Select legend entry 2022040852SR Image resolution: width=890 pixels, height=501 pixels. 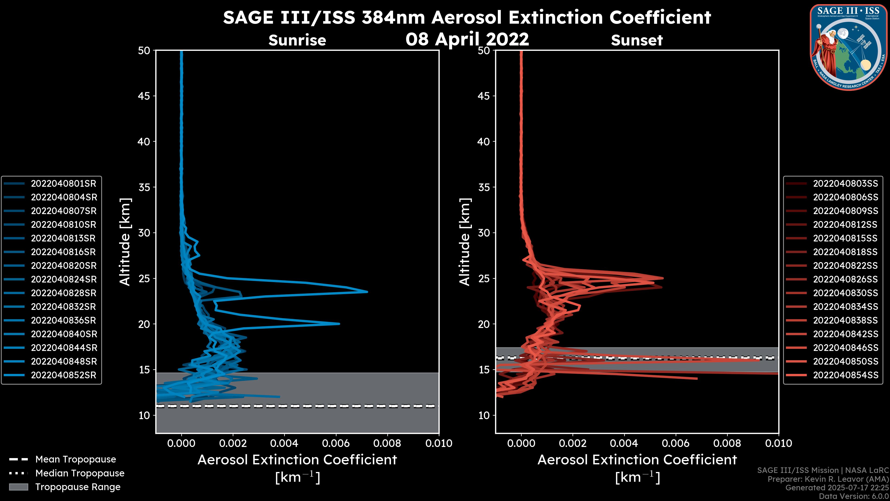(x=63, y=375)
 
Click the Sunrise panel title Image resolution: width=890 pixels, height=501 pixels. (x=297, y=40)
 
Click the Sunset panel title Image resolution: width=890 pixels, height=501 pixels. (x=637, y=40)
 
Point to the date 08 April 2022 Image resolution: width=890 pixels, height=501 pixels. (x=467, y=39)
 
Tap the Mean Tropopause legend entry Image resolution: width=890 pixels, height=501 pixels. (x=75, y=459)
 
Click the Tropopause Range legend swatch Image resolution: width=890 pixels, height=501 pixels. (x=19, y=487)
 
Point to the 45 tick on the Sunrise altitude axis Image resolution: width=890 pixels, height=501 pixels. (x=144, y=96)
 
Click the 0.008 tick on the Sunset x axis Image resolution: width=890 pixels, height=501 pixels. (x=727, y=443)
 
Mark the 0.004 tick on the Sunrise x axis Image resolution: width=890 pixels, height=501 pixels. (x=284, y=443)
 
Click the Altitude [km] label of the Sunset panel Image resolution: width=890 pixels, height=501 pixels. (x=465, y=242)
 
